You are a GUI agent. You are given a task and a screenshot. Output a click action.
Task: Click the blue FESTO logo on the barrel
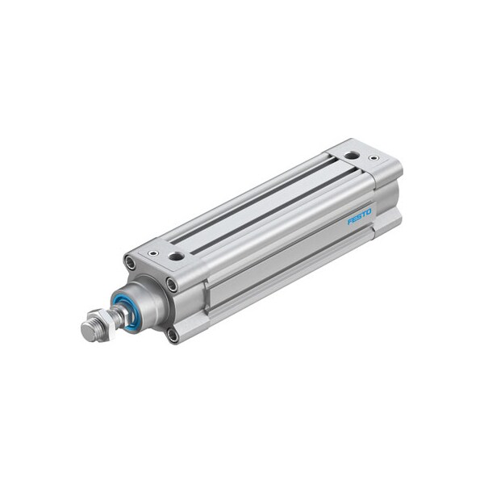tap(360, 216)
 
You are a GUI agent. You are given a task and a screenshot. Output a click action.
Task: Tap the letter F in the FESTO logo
tap(351, 222)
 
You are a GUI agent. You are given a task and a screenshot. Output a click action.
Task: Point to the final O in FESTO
tap(369, 211)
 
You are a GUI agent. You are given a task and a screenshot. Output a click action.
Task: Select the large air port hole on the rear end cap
tap(351, 155)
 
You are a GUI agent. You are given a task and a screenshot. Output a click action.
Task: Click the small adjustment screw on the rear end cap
tap(373, 158)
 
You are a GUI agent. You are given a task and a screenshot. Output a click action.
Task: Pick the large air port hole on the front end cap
tap(175, 257)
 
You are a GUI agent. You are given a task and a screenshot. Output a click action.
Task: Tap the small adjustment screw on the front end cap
tap(152, 253)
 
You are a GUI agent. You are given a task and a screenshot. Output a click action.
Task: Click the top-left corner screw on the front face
tap(129, 262)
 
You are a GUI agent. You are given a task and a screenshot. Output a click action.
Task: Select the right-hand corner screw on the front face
tap(172, 284)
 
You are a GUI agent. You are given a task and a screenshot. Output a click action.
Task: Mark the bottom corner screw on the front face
tap(172, 334)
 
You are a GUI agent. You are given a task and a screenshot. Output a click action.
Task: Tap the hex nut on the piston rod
tap(95, 328)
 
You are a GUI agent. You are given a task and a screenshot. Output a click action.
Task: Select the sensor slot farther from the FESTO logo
tap(250, 194)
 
